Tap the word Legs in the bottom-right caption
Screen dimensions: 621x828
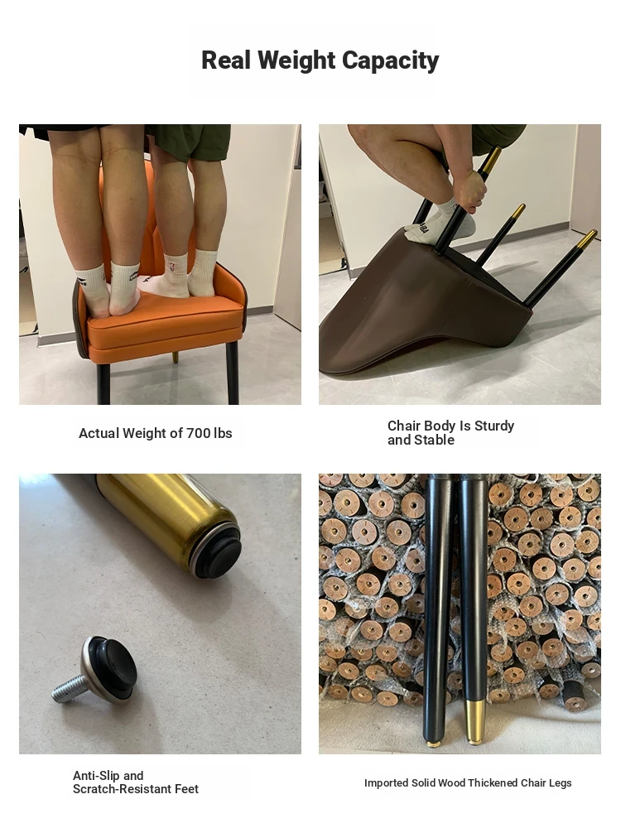561,783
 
